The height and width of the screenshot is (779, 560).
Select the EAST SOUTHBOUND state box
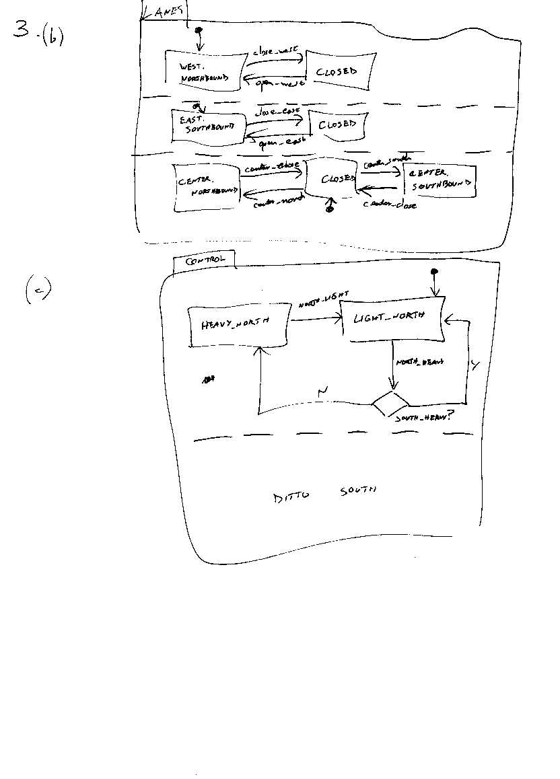(x=207, y=125)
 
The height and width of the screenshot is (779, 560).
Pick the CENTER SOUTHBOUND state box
(x=439, y=180)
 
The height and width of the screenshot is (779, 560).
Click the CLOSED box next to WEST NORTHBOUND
(x=337, y=71)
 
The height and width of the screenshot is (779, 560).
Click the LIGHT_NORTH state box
(x=391, y=318)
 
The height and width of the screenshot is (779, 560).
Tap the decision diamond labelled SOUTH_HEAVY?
(x=390, y=405)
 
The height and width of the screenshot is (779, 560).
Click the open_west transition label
(x=278, y=83)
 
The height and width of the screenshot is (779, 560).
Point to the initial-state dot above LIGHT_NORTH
(x=435, y=271)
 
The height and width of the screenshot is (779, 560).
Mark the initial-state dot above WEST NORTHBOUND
(x=199, y=31)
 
